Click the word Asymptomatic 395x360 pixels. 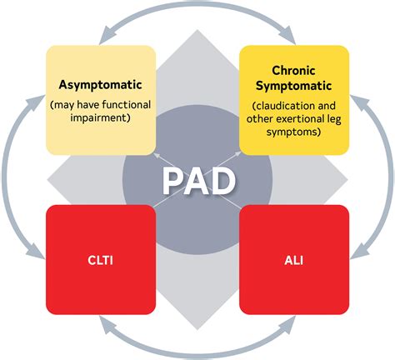(x=100, y=85)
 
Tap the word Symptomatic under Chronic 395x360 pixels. (x=294, y=86)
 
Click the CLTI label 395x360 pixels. (x=100, y=260)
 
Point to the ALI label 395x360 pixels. (x=294, y=260)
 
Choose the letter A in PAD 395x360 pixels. (x=197, y=180)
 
